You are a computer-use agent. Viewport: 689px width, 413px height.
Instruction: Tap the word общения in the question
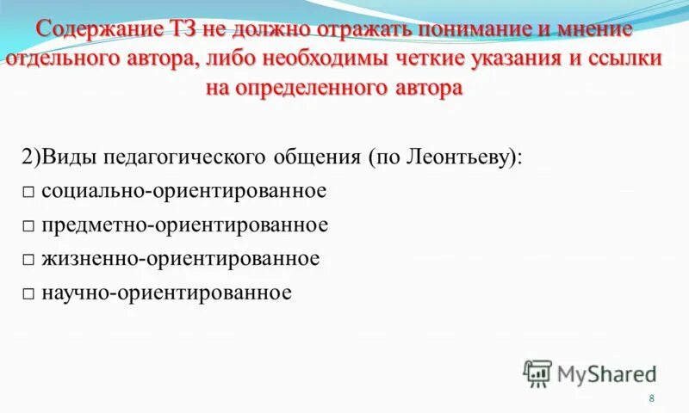318,157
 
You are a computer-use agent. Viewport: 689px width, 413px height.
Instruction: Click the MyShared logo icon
537,373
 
